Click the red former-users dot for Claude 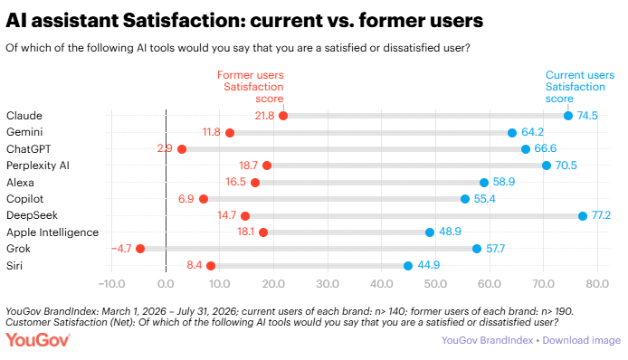click(x=283, y=116)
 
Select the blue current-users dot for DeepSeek click(x=583, y=216)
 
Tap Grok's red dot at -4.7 click(x=140, y=249)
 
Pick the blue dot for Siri click(x=408, y=266)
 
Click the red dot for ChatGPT click(x=182, y=149)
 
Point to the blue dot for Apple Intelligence click(x=430, y=232)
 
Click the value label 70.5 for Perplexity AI click(x=566, y=166)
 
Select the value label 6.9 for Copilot click(x=186, y=199)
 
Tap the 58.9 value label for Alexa click(x=504, y=182)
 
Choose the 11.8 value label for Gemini click(x=212, y=132)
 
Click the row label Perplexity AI click(x=38, y=166)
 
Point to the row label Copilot click(x=24, y=199)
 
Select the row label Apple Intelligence click(x=52, y=232)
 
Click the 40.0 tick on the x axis click(x=381, y=284)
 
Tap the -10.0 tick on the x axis click(x=111, y=284)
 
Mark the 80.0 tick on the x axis click(x=597, y=284)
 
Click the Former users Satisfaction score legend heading click(x=251, y=87)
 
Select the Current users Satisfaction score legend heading click(x=579, y=87)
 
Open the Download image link click(x=582, y=340)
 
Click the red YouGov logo click(x=38, y=340)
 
